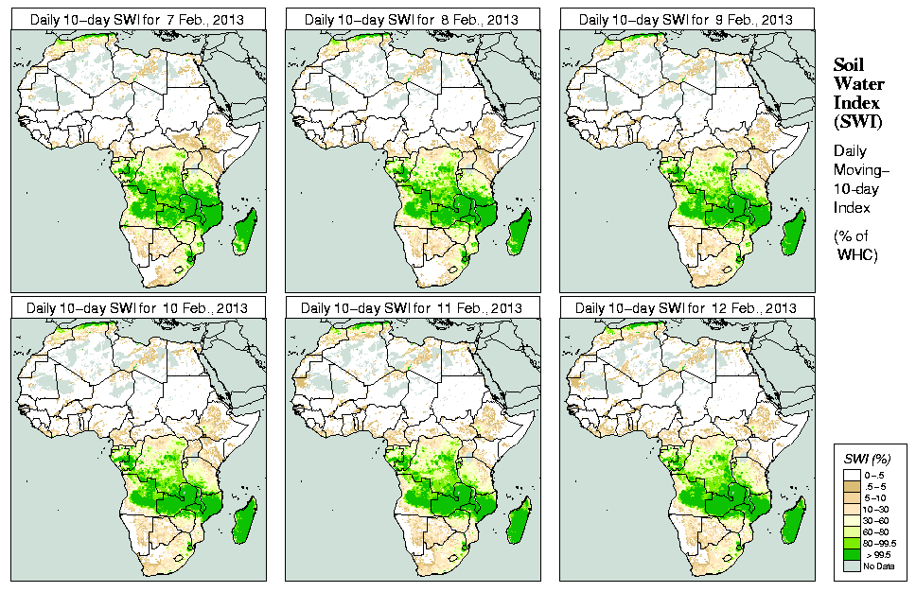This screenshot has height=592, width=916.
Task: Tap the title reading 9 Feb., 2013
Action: pos(687,18)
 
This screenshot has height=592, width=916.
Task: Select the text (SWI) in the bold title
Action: pos(855,122)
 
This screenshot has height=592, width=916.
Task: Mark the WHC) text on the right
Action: pos(857,255)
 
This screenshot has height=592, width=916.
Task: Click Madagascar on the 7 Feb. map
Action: pos(246,231)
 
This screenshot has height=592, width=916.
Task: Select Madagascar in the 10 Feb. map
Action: pos(246,521)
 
